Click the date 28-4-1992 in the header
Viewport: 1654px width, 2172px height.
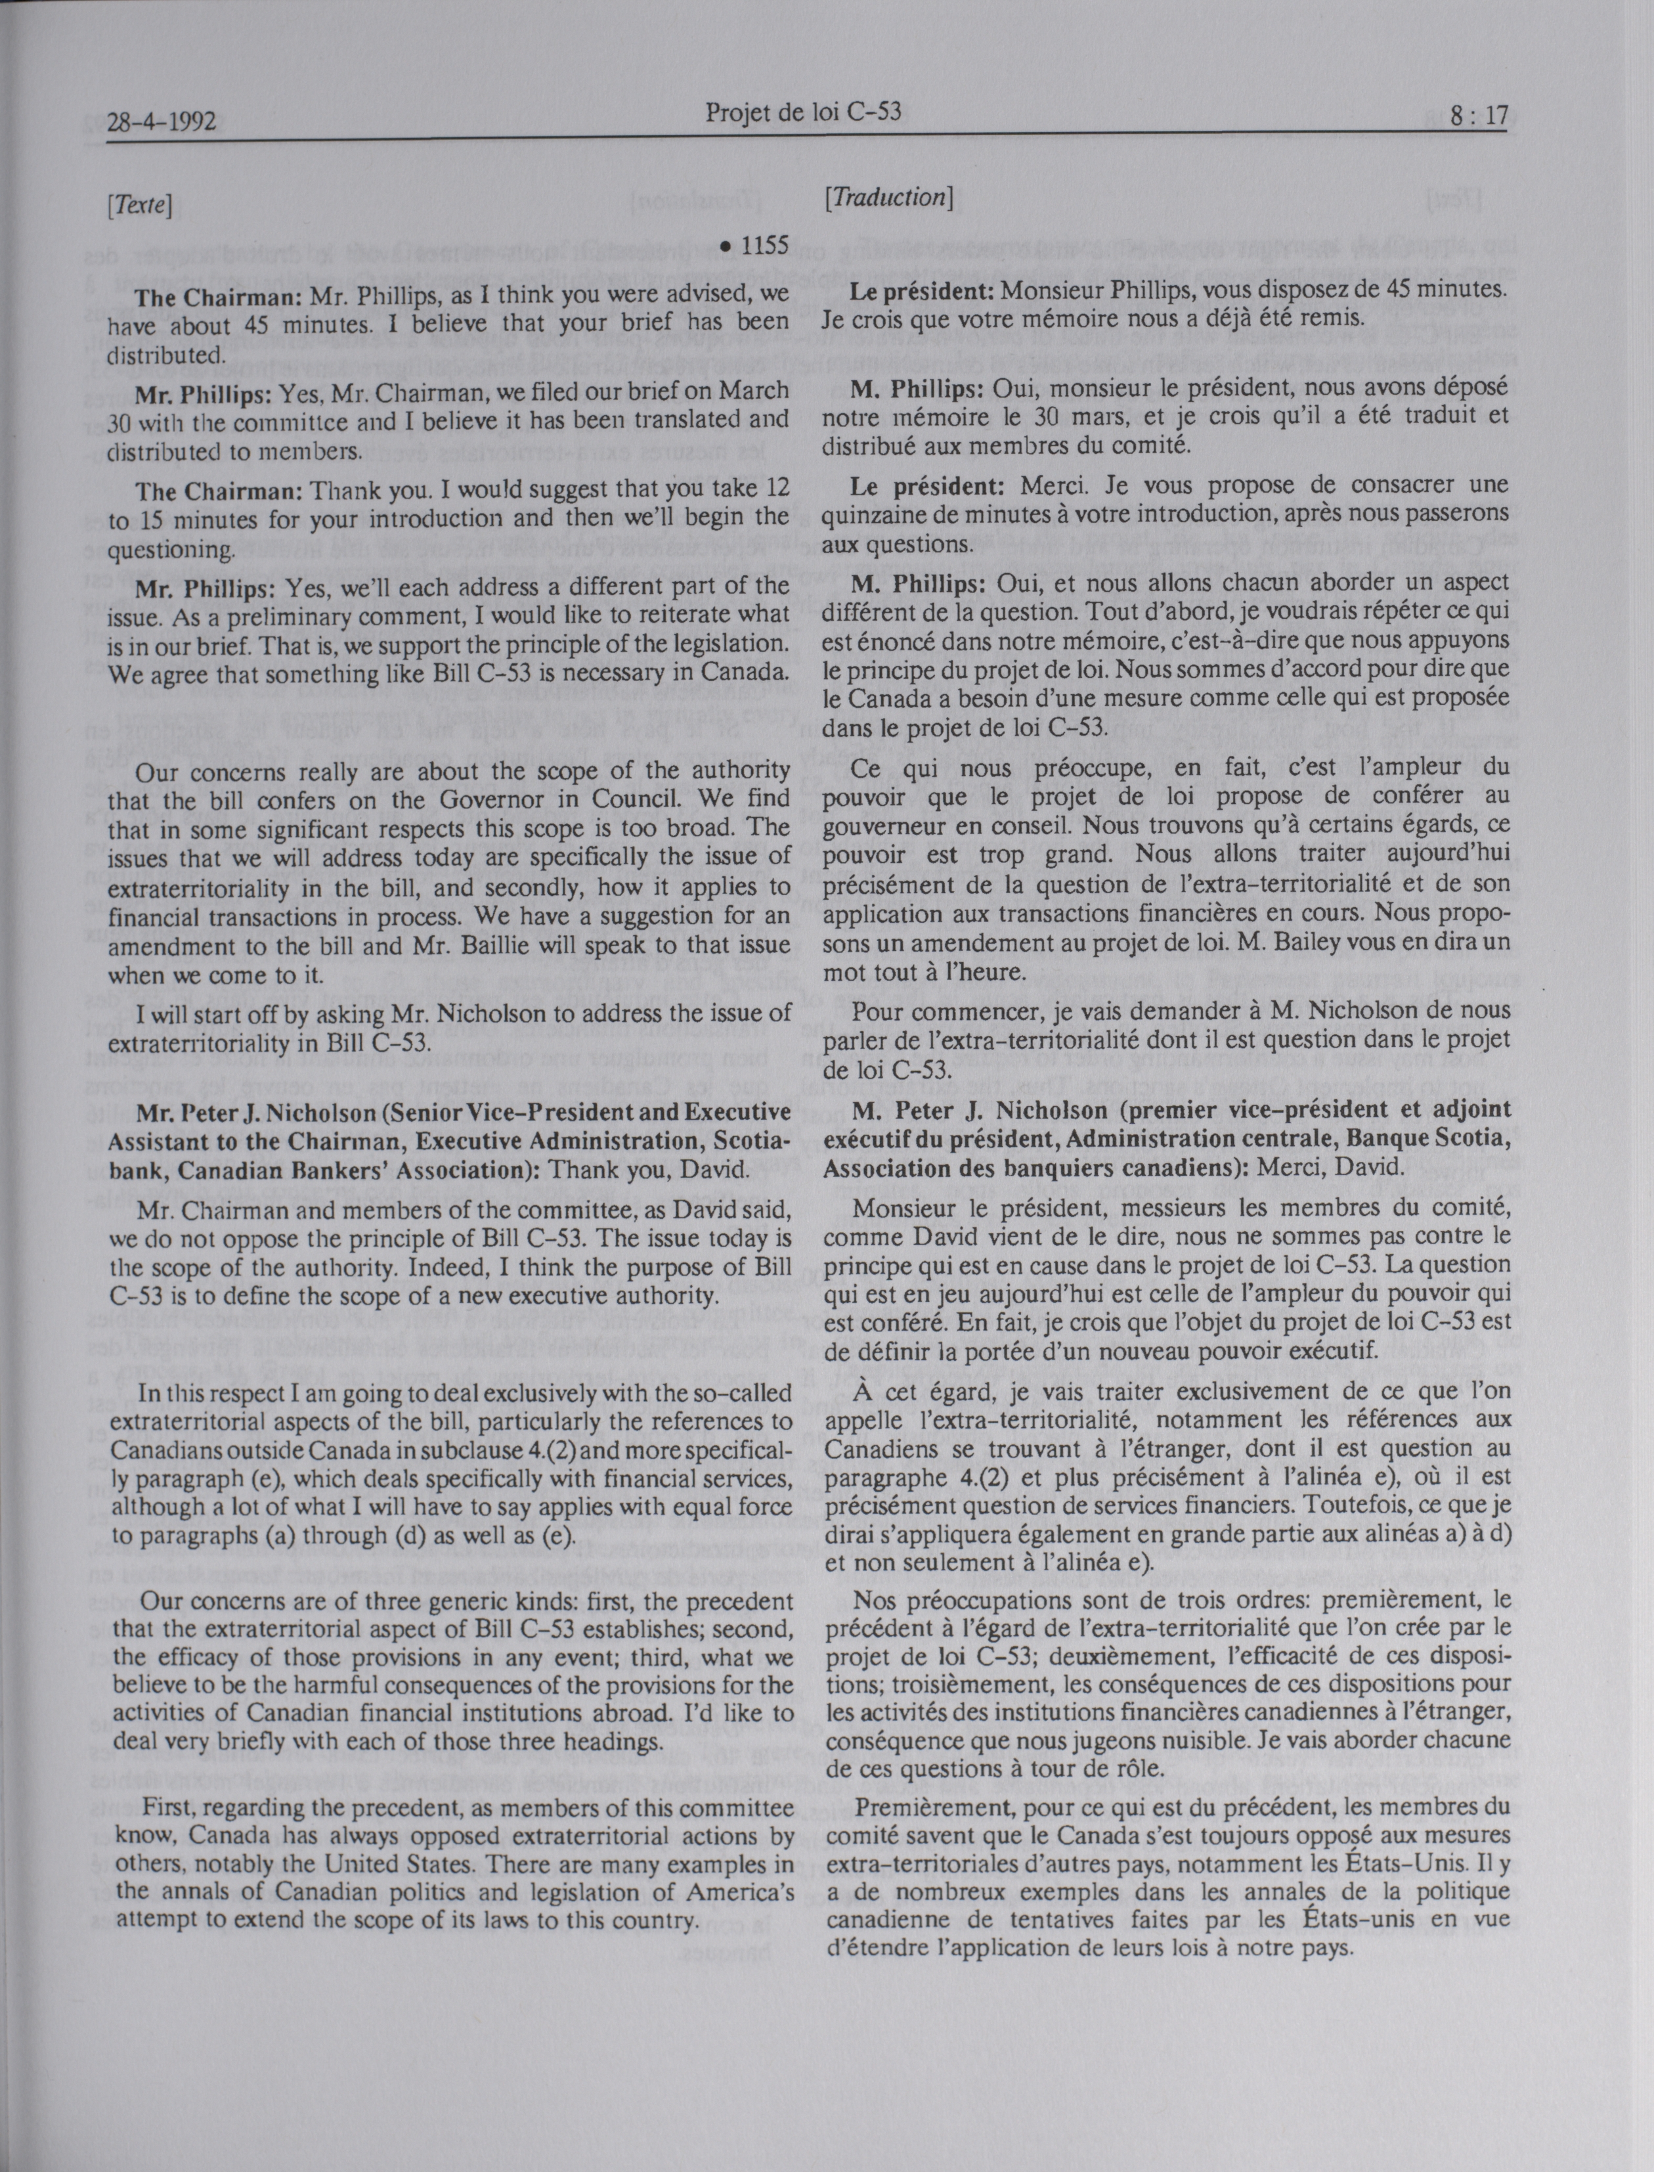coord(162,123)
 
